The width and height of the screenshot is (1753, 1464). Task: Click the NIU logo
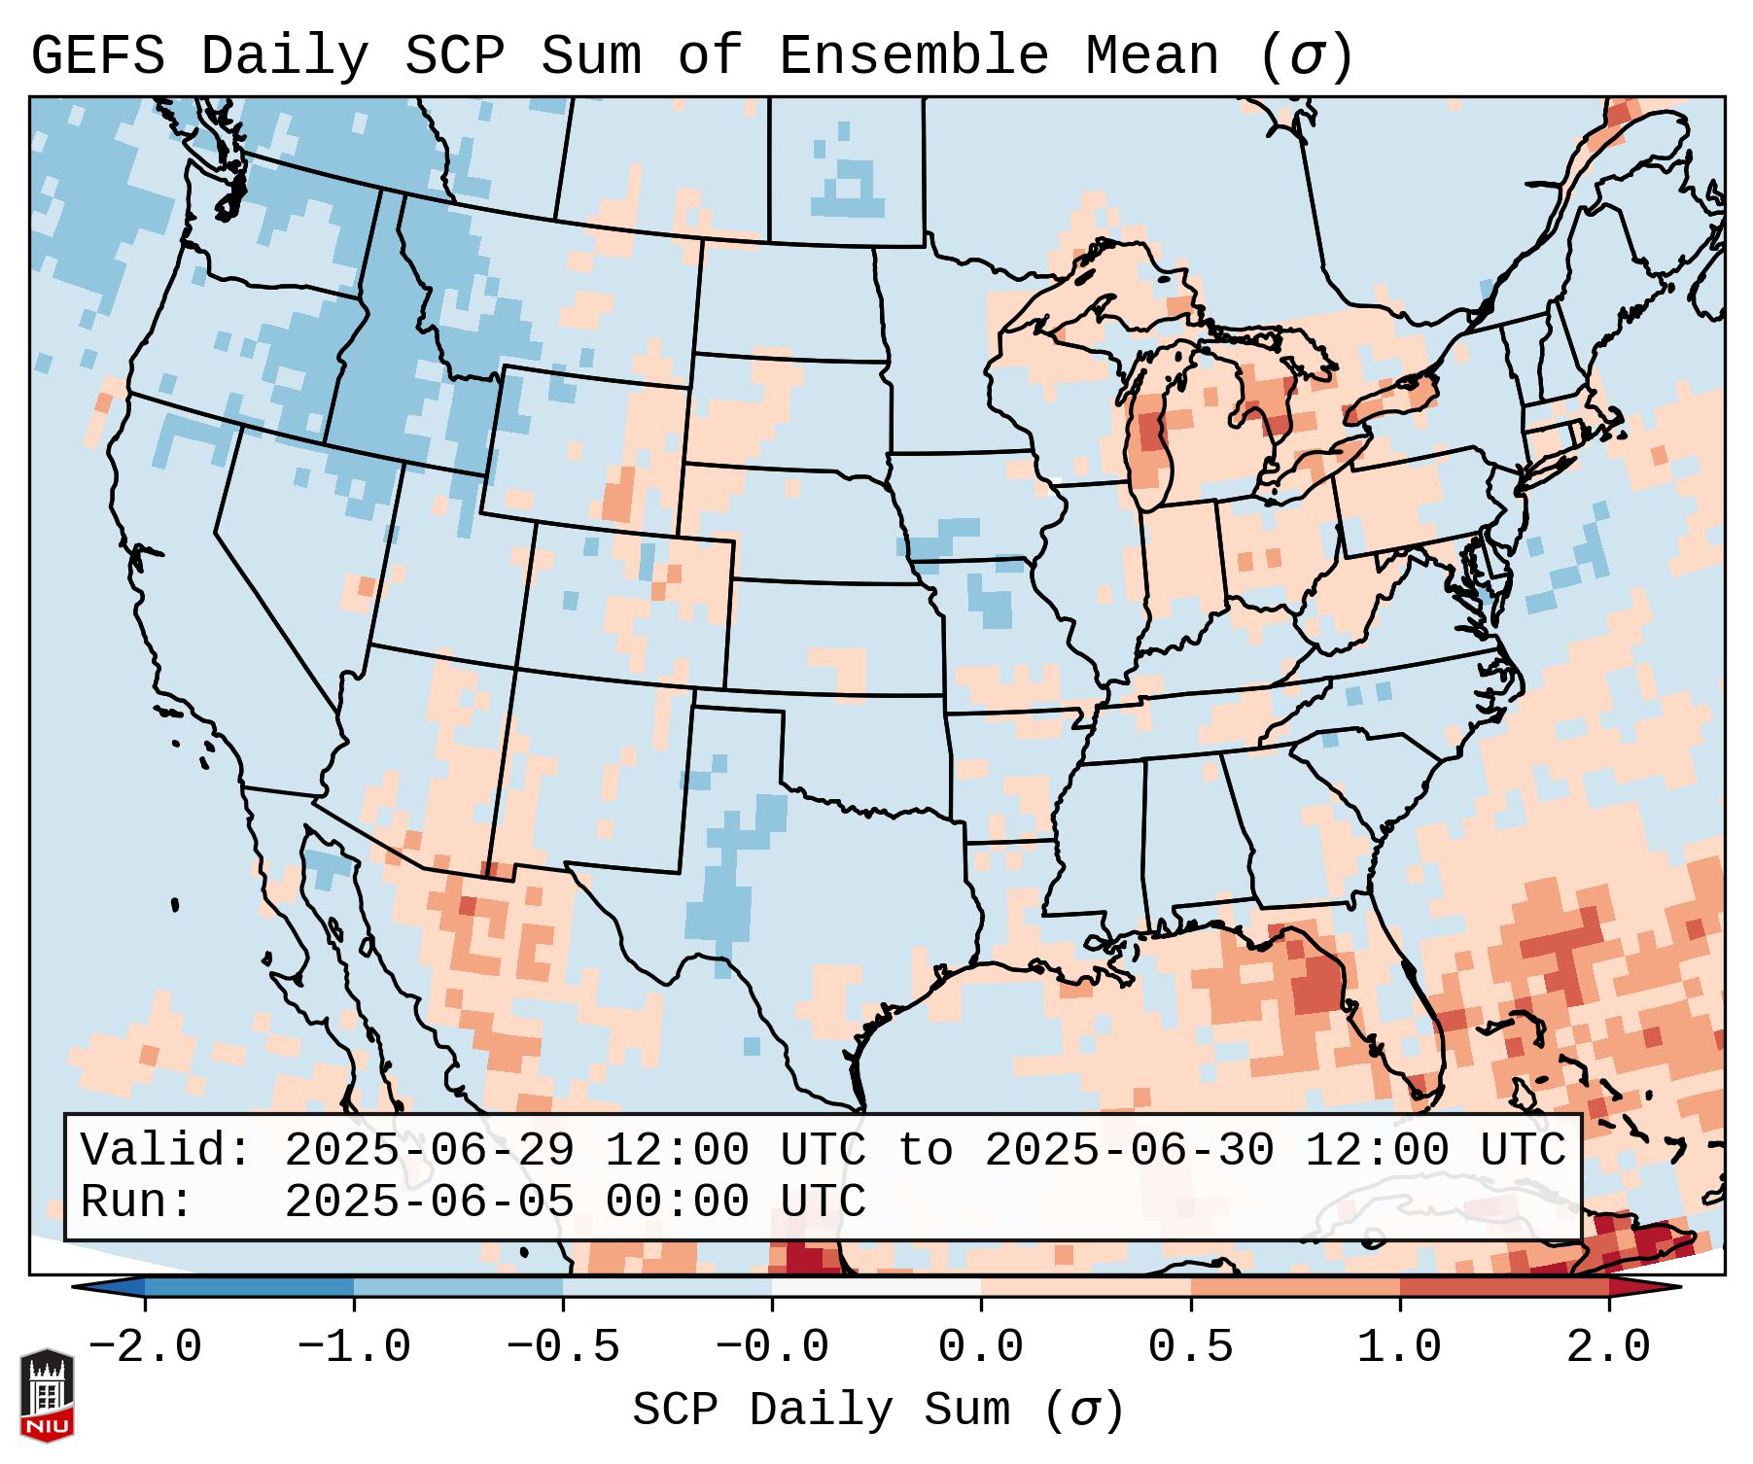(47, 1394)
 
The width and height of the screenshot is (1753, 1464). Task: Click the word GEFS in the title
(97, 56)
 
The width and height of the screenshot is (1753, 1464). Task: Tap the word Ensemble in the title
(913, 56)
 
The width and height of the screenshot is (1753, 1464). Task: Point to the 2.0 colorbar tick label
(1608, 1347)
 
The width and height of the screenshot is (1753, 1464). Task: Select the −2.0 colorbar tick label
(145, 1347)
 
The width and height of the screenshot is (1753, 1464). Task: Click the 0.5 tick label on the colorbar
(1190, 1347)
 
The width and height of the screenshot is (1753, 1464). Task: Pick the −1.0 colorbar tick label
(354, 1347)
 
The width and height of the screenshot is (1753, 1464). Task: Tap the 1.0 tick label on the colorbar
(1399, 1347)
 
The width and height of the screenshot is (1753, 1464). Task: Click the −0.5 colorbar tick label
(563, 1347)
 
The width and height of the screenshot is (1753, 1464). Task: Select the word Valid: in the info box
(166, 1150)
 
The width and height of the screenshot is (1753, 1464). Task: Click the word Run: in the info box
(137, 1202)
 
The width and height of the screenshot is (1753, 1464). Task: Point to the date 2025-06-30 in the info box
(1129, 1150)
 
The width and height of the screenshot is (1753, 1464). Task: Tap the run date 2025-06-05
(429, 1202)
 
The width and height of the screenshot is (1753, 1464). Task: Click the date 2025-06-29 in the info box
(429, 1150)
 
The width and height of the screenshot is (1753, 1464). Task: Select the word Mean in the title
(1151, 56)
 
